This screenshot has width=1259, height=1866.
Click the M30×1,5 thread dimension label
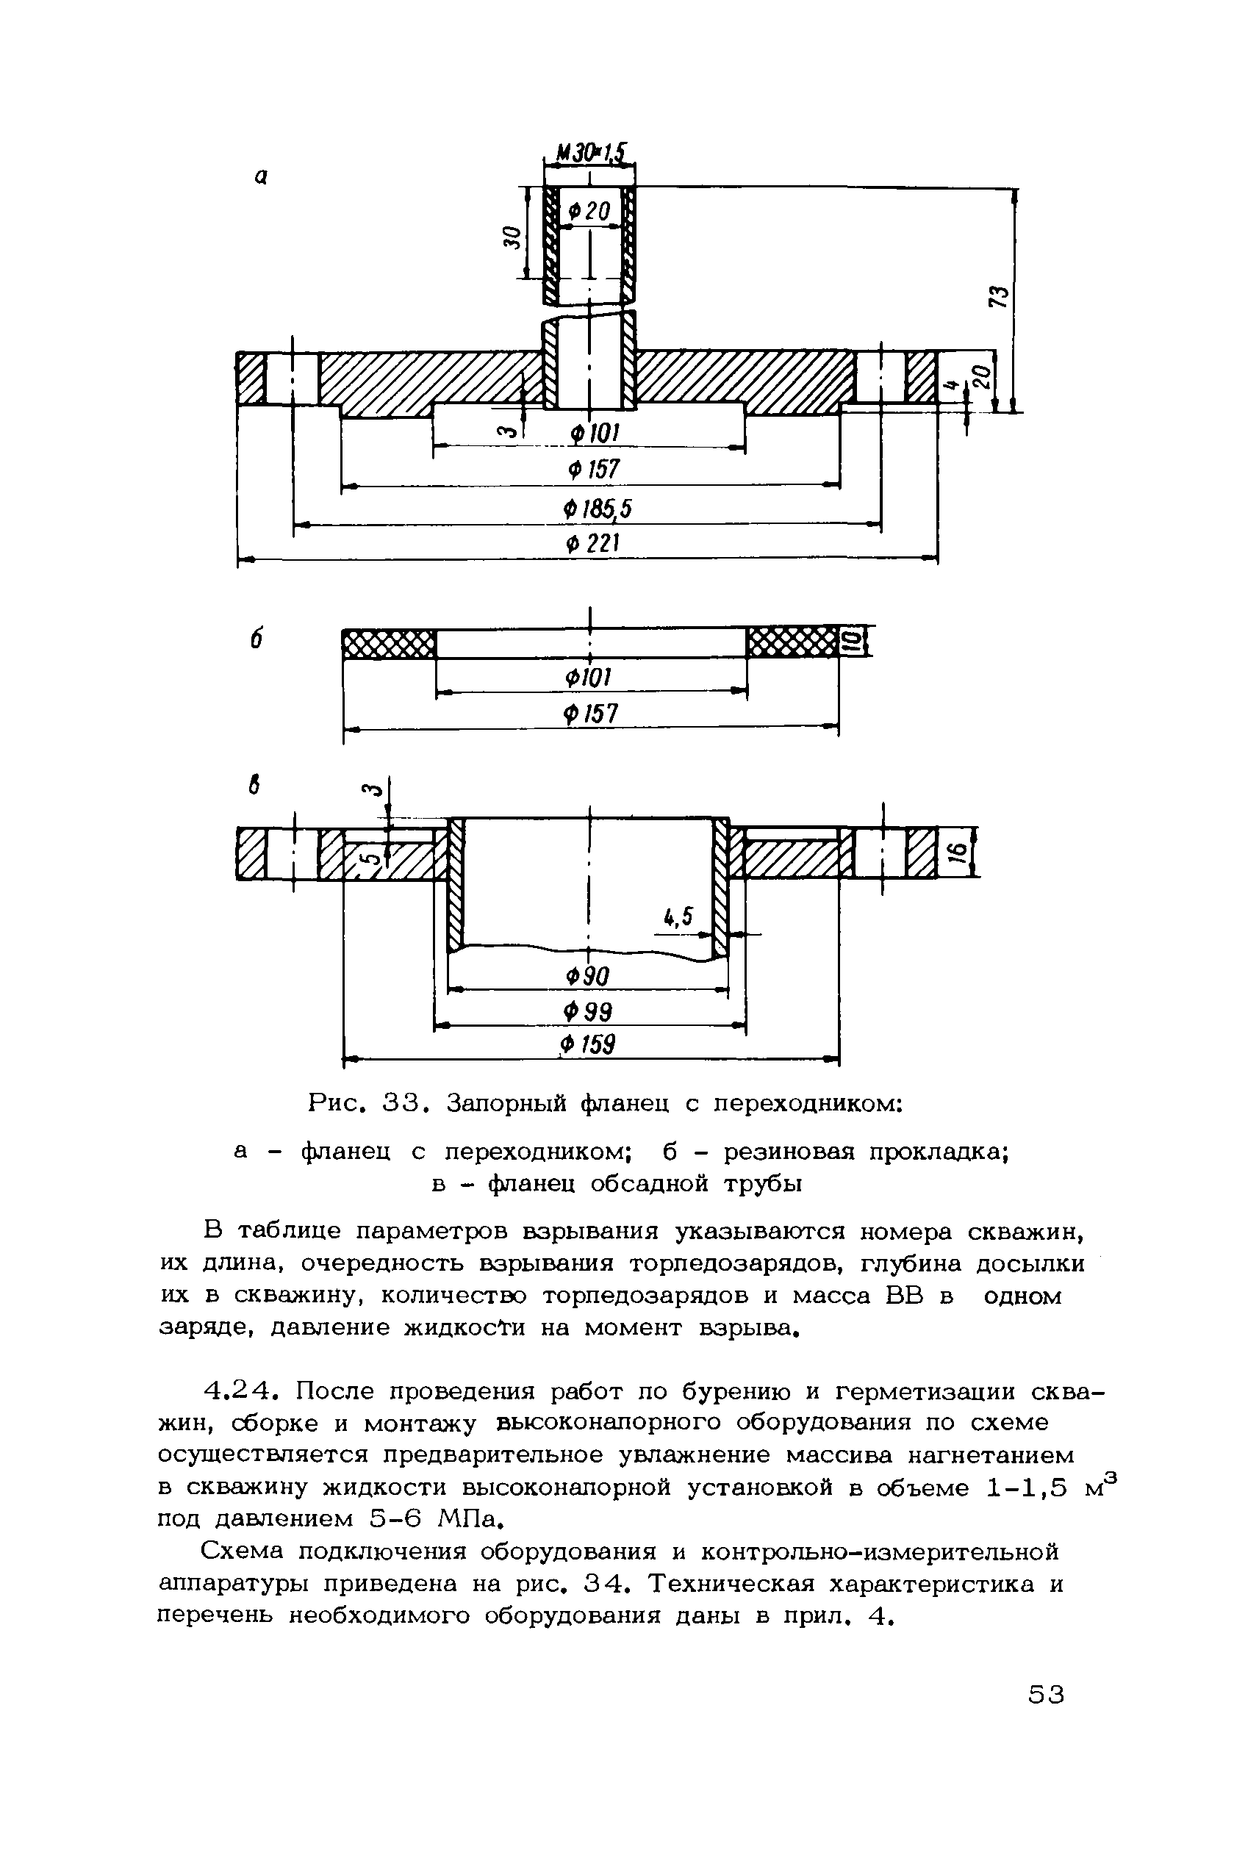pos(589,151)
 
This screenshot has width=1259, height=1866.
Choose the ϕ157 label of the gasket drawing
pos(592,714)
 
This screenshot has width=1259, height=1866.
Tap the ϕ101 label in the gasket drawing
pos(590,678)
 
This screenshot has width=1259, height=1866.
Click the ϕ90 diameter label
pos(589,977)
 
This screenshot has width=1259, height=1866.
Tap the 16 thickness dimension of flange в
pos(956,853)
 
